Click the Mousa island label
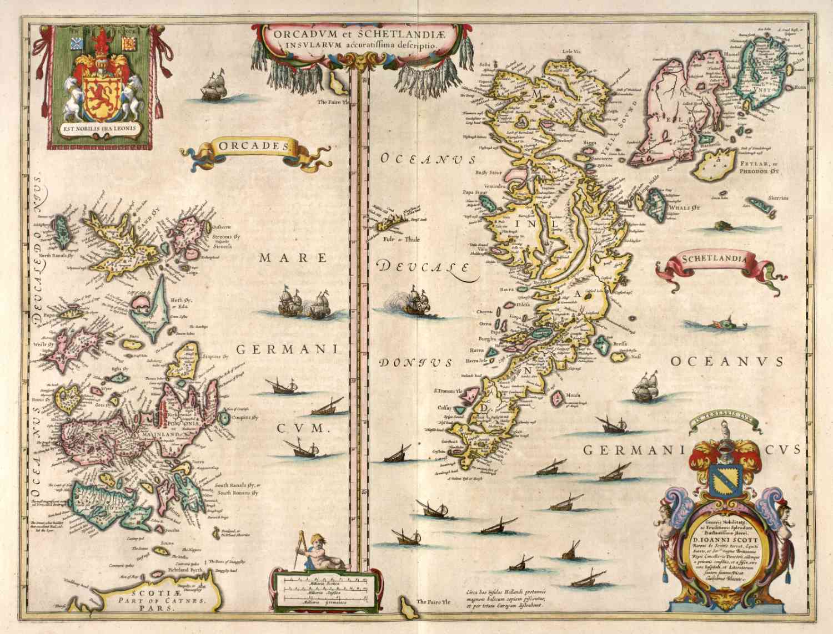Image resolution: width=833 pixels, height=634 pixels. coord(574,395)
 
